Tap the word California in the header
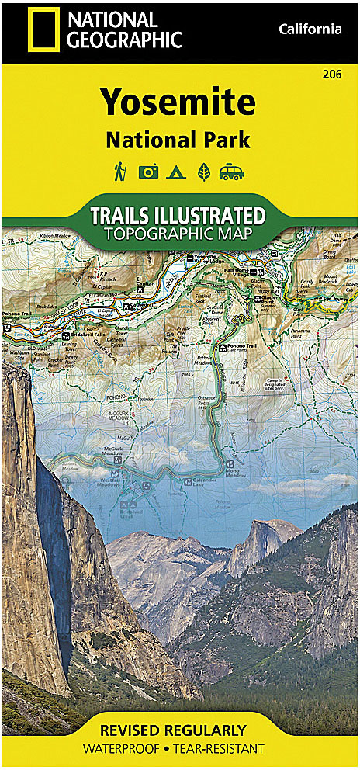(x=310, y=29)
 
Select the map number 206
(x=334, y=75)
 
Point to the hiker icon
(x=120, y=172)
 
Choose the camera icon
(x=148, y=172)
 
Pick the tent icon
(x=177, y=172)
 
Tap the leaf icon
(x=203, y=172)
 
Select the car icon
(x=232, y=172)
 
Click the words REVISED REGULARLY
(x=180, y=731)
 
